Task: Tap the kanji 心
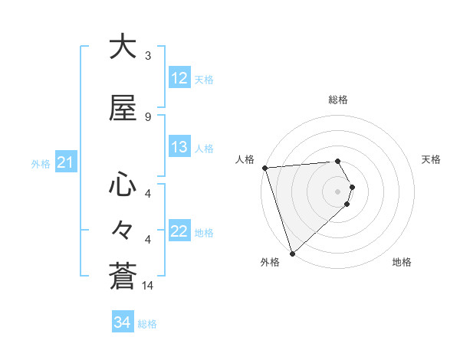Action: pyautogui.click(x=123, y=185)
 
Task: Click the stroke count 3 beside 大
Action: pyautogui.click(x=147, y=55)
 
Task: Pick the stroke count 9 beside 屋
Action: pyautogui.click(x=147, y=116)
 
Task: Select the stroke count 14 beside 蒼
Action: pyautogui.click(x=149, y=286)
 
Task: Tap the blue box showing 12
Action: pyautogui.click(x=179, y=78)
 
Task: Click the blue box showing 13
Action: pyautogui.click(x=179, y=148)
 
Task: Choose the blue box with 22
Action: pyautogui.click(x=179, y=231)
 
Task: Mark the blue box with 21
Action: pyautogui.click(x=65, y=162)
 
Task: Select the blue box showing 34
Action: pyautogui.click(x=122, y=323)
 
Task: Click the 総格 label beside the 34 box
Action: pyautogui.click(x=147, y=324)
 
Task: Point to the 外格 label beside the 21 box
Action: pyautogui.click(x=40, y=163)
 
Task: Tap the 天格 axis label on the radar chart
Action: pyautogui.click(x=432, y=159)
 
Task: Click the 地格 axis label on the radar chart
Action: pyautogui.click(x=402, y=262)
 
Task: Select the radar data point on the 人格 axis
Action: pyautogui.click(x=264, y=168)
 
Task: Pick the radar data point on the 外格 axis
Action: pyautogui.click(x=291, y=253)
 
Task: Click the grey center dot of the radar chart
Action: pyautogui.click(x=338, y=191)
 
